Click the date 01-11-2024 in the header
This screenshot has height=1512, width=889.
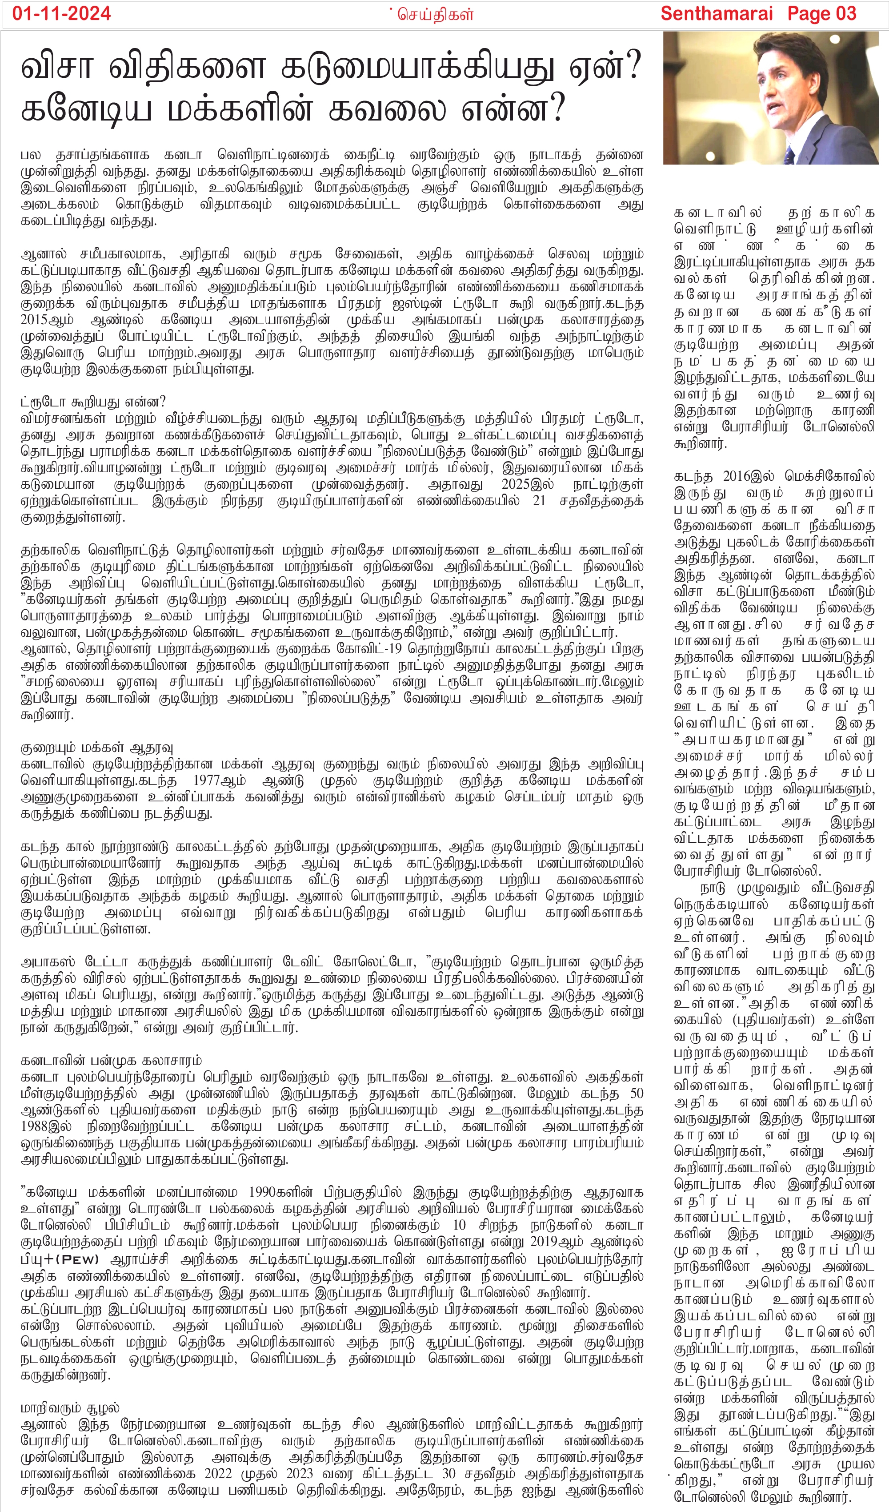tap(61, 13)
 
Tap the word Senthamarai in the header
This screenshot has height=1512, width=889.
tap(717, 13)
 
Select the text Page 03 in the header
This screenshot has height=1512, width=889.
tap(822, 13)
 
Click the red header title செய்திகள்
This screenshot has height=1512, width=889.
tap(435, 14)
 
